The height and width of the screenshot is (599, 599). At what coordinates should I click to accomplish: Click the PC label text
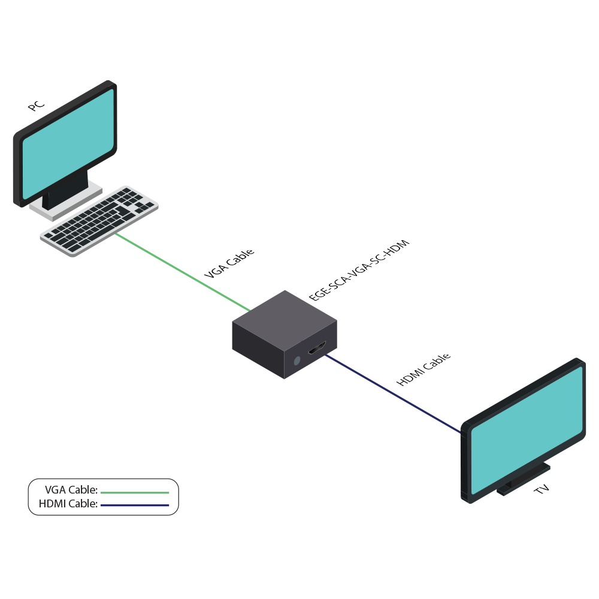(36, 106)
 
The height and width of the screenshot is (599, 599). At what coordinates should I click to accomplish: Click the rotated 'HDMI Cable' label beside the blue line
(423, 370)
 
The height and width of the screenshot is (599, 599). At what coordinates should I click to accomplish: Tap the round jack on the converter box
(297, 361)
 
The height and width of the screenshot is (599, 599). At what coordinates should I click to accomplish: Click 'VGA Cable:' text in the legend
(71, 490)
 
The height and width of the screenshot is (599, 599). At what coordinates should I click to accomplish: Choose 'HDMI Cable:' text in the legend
(68, 504)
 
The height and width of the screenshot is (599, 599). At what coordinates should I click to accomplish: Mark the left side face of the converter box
(258, 350)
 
